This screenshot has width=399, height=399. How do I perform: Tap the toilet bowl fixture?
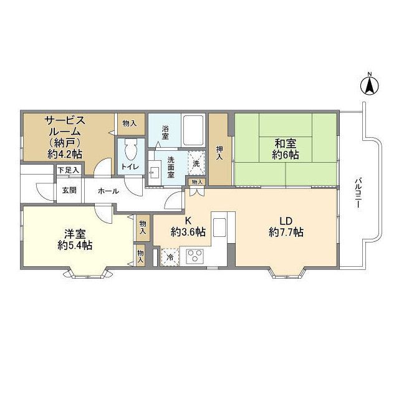(131, 150)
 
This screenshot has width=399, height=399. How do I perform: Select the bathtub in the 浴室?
(194, 130)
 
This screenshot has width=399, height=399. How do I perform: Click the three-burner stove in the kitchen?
(195, 256)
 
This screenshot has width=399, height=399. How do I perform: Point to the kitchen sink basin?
(219, 228)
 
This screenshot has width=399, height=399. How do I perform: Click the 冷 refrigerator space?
(170, 257)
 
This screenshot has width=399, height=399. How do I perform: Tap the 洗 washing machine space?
(196, 163)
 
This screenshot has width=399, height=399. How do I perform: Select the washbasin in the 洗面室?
(154, 173)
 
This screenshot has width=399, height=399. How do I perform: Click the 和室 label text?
(286, 144)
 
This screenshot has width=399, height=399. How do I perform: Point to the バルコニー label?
(358, 194)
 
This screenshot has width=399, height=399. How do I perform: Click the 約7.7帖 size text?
(286, 232)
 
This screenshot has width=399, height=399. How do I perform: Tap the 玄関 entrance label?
(69, 190)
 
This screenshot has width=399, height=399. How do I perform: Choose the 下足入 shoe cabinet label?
(68, 170)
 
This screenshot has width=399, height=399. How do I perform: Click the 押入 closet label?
(219, 153)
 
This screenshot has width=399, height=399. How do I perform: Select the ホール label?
(108, 191)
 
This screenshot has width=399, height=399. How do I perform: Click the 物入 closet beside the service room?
(130, 123)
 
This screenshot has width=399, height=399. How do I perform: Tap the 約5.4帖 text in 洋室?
(75, 245)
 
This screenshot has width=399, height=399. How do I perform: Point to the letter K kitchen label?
(188, 220)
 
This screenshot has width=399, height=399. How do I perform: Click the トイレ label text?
(130, 166)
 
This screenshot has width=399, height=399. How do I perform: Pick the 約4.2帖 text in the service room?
(65, 154)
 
